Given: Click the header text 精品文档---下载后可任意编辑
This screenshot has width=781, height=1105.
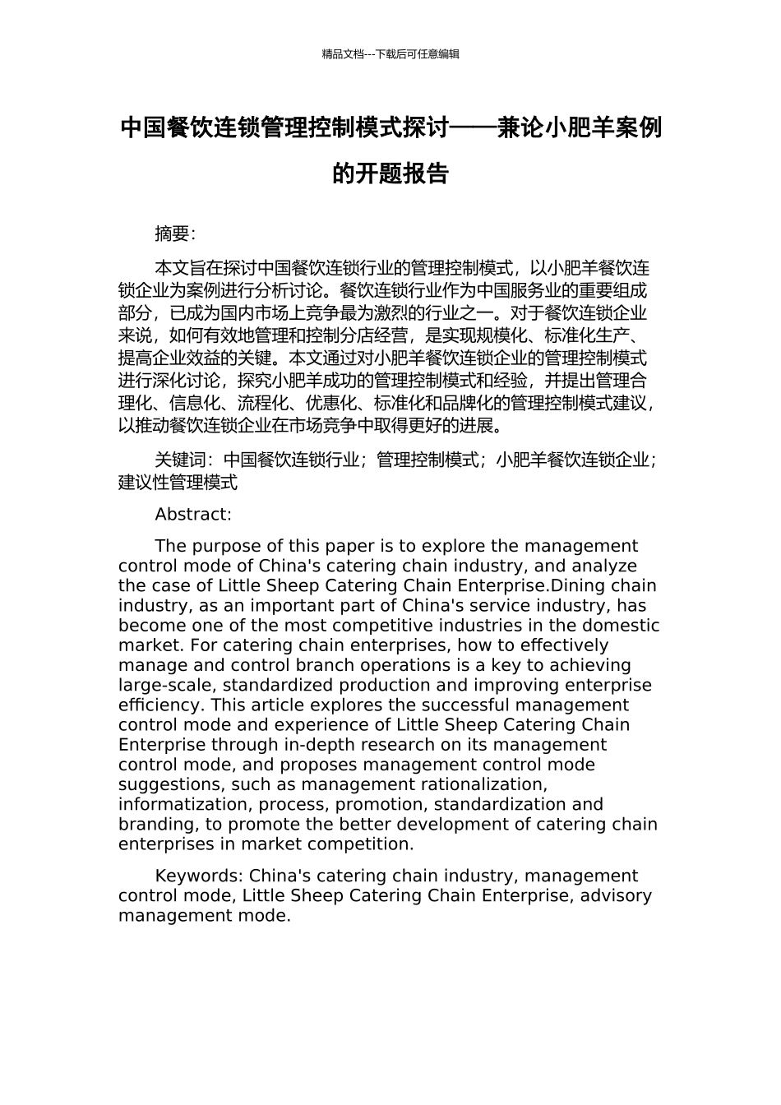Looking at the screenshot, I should pos(390,54).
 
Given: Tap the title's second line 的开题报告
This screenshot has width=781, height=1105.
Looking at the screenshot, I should pos(390,173).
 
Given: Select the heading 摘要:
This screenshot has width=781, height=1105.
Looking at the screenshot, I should pos(175,233).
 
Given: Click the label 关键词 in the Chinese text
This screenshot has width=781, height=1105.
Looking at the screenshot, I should pos(180,460).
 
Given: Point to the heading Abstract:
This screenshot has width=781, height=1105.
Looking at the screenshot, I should pos(193,515).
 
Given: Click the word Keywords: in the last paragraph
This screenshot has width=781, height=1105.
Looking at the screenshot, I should pos(198,876).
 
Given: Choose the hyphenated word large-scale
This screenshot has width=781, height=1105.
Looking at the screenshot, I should pos(166,686).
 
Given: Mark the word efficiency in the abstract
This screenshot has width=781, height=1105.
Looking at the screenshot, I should pos(161,705).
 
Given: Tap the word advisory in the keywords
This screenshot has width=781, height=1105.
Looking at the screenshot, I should pos(616,896).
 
